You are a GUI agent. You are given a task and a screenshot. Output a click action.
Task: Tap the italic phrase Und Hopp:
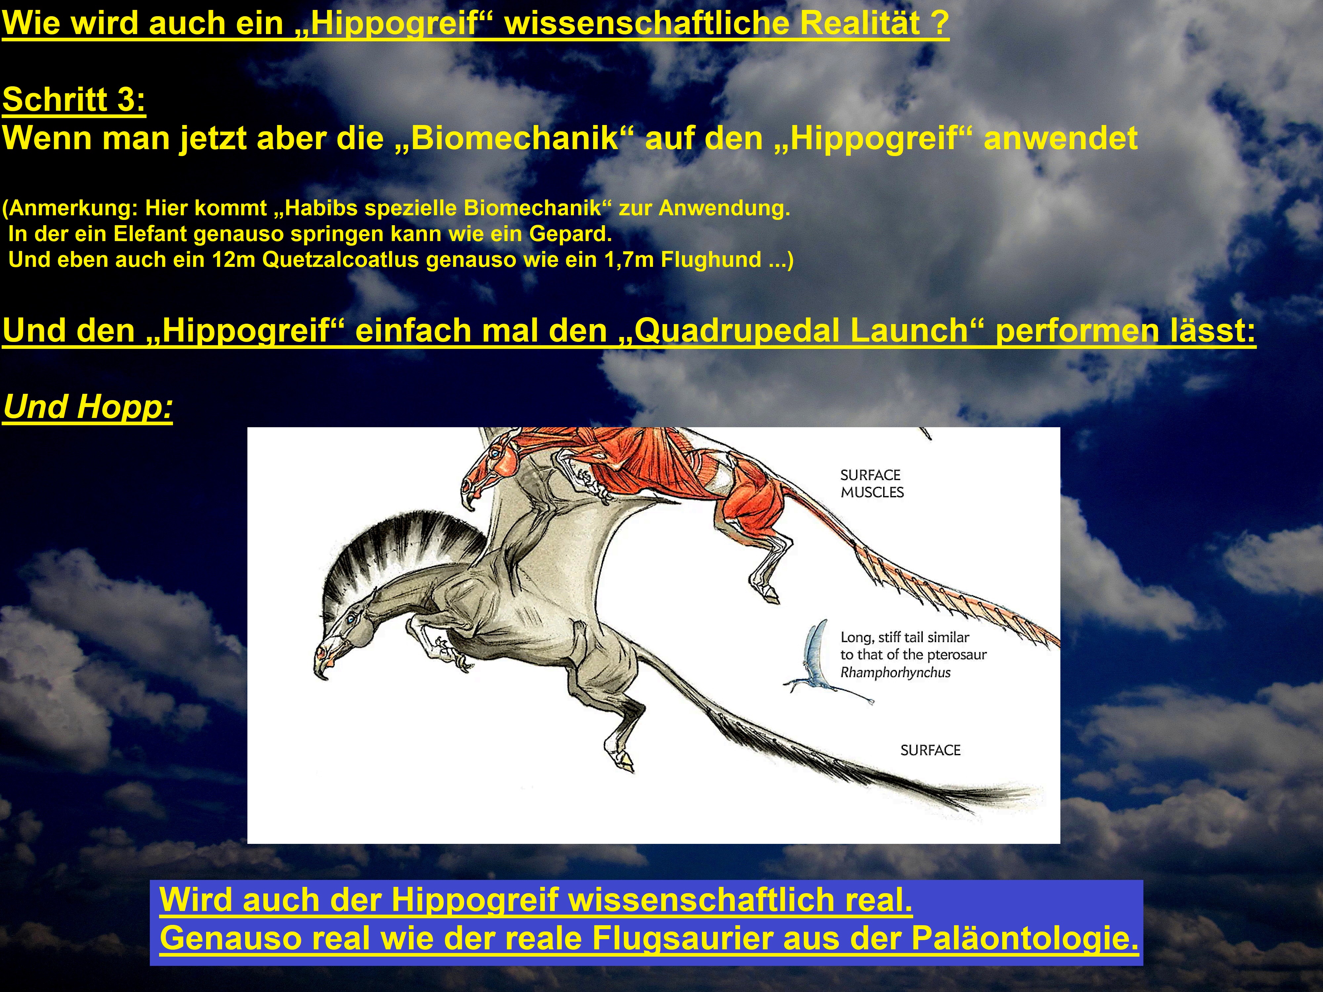(x=88, y=407)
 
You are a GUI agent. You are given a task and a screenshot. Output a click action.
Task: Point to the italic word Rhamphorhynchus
(x=895, y=672)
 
